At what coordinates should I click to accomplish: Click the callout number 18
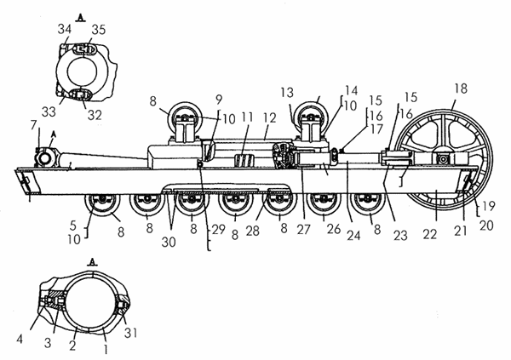click(461, 89)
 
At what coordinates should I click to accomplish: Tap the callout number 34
click(65, 29)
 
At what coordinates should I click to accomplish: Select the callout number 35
click(99, 29)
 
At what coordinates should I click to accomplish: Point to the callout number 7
click(34, 125)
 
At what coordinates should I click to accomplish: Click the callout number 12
click(270, 118)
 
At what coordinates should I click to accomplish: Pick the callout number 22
click(429, 233)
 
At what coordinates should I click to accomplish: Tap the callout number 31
click(130, 333)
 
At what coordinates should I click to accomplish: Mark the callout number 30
click(169, 242)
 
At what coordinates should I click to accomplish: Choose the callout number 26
click(334, 229)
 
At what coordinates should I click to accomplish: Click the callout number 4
click(20, 340)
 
